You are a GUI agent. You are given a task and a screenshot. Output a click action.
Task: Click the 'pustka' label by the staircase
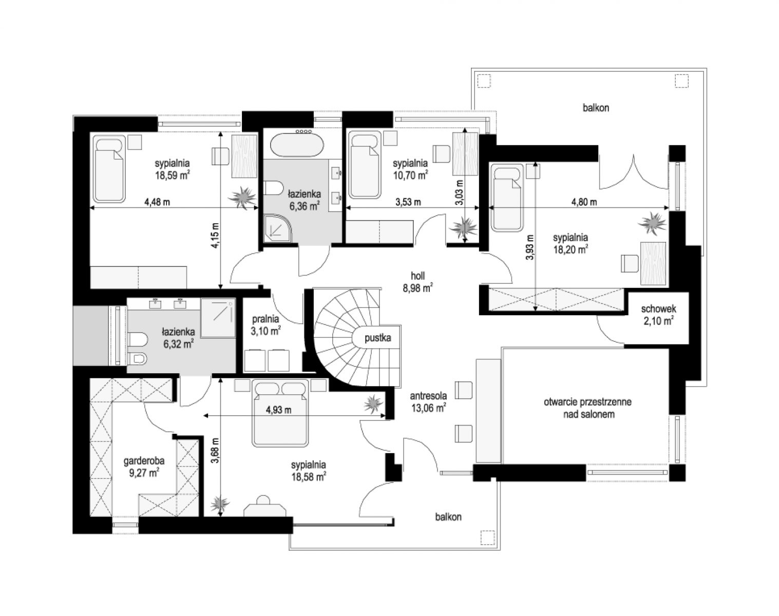pyautogui.click(x=377, y=338)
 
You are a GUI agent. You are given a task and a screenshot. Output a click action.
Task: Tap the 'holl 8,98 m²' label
pyautogui.click(x=417, y=282)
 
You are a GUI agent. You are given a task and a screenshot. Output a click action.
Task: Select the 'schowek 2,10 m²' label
pyautogui.click(x=658, y=315)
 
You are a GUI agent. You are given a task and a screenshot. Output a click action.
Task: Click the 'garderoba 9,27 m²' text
pyautogui.click(x=144, y=467)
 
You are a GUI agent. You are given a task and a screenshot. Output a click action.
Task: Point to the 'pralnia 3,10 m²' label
pyautogui.click(x=265, y=324)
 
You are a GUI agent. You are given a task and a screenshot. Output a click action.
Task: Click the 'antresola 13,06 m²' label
pyautogui.click(x=428, y=402)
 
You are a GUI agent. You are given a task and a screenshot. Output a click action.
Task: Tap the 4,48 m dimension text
pyautogui.click(x=157, y=202)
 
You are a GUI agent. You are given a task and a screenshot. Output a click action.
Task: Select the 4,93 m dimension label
pyautogui.click(x=278, y=410)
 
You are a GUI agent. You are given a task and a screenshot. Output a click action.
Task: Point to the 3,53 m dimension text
pyautogui.click(x=408, y=202)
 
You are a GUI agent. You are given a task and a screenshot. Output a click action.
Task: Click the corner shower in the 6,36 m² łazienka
pyautogui.click(x=278, y=228)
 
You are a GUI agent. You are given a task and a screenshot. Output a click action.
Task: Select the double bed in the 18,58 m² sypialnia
pyautogui.click(x=280, y=413)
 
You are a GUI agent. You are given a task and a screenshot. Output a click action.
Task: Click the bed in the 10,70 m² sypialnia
pyautogui.click(x=365, y=165)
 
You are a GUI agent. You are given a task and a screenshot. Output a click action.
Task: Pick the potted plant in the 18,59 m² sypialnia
pyautogui.click(x=243, y=197)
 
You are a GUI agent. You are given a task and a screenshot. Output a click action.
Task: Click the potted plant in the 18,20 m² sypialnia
pyautogui.click(x=653, y=223)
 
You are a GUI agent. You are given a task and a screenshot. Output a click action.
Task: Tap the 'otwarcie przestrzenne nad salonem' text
pyautogui.click(x=588, y=408)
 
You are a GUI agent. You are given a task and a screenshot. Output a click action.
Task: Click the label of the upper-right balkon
pyautogui.click(x=596, y=107)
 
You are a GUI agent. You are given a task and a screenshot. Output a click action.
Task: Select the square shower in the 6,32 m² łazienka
pyautogui.click(x=218, y=318)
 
